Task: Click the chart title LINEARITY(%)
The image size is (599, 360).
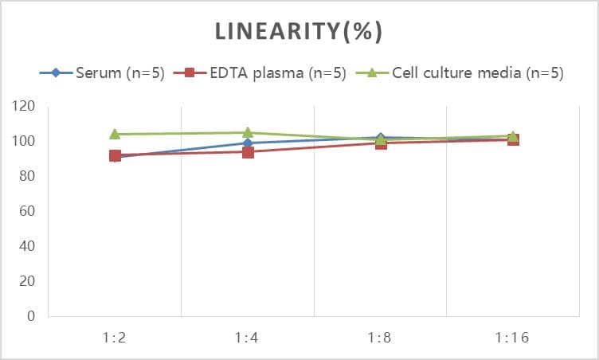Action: pyautogui.click(x=299, y=31)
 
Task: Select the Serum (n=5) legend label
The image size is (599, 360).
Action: pyautogui.click(x=120, y=73)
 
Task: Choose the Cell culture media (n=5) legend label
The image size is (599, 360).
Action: pyautogui.click(x=478, y=73)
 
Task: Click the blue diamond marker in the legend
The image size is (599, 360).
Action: pyautogui.click(x=56, y=73)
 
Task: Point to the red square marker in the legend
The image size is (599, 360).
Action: pyautogui.click(x=190, y=73)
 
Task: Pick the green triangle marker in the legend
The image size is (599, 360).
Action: pyautogui.click(x=372, y=73)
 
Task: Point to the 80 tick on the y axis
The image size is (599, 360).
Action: pyautogui.click(x=29, y=176)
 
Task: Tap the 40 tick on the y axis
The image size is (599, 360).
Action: pyautogui.click(x=29, y=246)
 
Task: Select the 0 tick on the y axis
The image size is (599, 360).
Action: pyautogui.click(x=32, y=316)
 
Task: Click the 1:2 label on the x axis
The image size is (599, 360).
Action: pyautogui.click(x=115, y=338)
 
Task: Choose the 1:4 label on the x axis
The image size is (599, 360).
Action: pyautogui.click(x=248, y=338)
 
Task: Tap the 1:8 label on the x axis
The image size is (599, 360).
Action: pyautogui.click(x=380, y=338)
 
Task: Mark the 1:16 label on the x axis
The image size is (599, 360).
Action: pyautogui.click(x=513, y=338)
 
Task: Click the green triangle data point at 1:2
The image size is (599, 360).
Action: pyautogui.click(x=115, y=134)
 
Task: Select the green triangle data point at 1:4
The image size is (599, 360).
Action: pyautogui.click(x=248, y=132)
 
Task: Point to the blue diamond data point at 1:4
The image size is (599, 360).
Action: pyautogui.click(x=248, y=143)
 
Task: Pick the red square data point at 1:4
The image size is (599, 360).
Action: pyautogui.click(x=248, y=152)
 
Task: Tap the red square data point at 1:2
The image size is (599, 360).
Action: pyautogui.click(x=115, y=156)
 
